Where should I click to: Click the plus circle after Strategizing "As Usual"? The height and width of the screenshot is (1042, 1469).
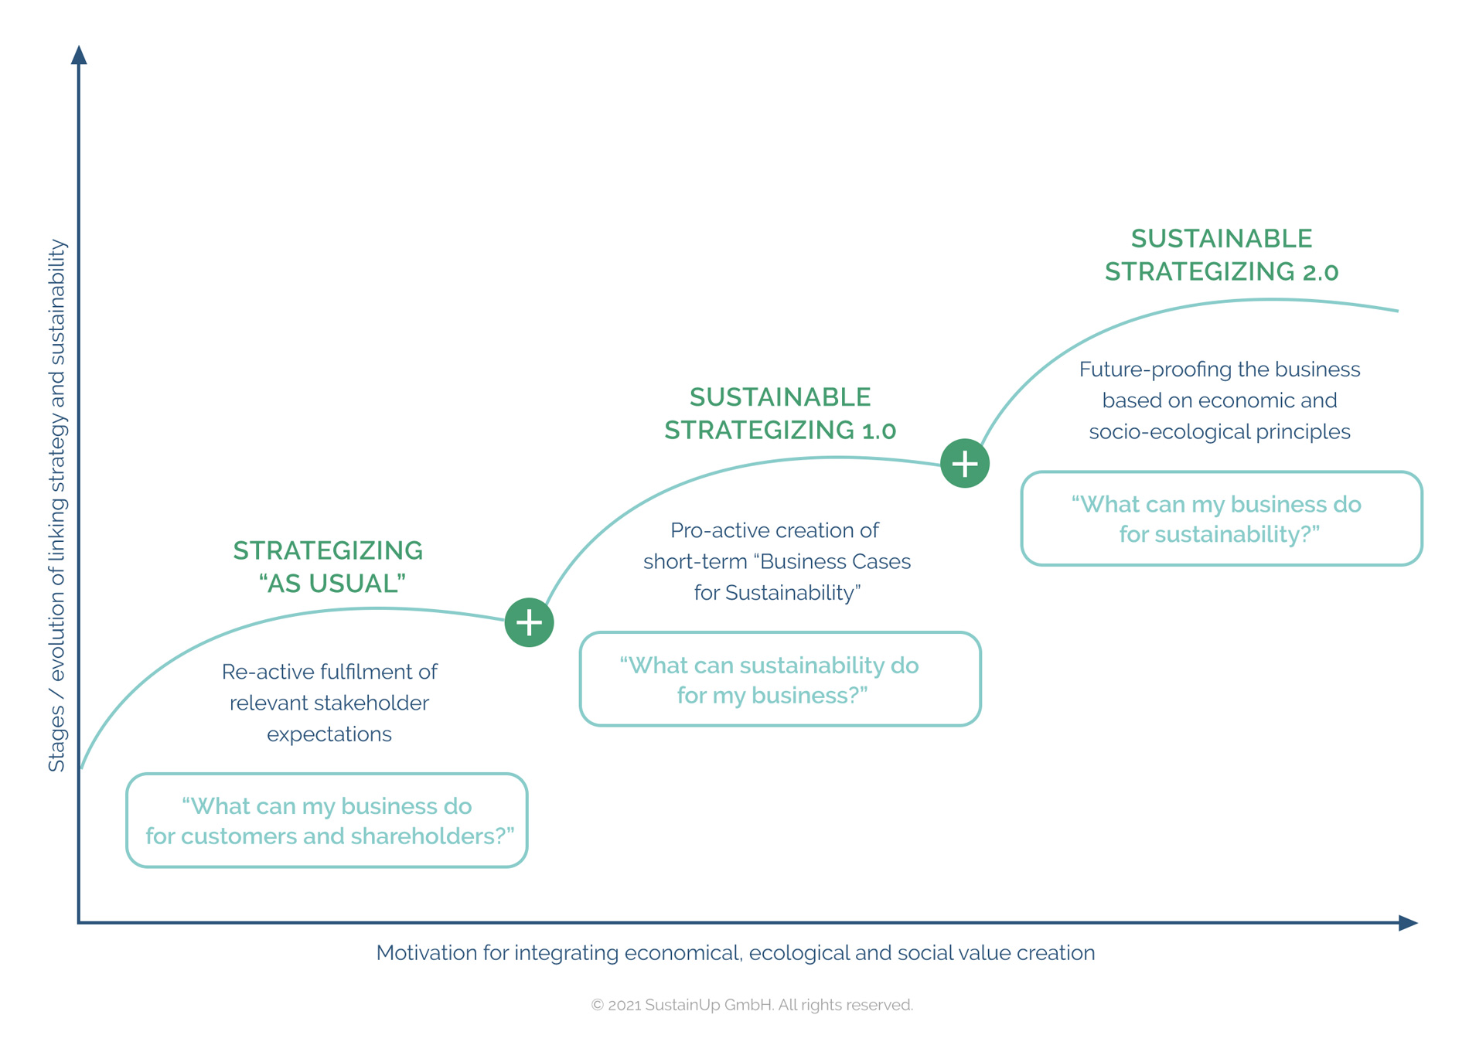pos(529,622)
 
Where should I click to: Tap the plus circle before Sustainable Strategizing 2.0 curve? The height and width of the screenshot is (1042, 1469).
pos(965,464)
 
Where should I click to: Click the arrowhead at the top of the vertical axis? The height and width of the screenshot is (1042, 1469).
pos(79,56)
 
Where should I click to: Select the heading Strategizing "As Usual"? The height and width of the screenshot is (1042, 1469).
pos(329,567)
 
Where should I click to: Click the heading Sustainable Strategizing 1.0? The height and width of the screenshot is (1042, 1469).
pos(780,414)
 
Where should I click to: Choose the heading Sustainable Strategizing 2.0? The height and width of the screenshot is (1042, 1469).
pos(1222,255)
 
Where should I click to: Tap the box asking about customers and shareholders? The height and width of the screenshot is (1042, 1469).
pos(327,820)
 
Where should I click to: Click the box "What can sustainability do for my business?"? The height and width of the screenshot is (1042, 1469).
pos(780,679)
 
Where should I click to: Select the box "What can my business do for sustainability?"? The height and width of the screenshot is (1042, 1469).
pos(1222,519)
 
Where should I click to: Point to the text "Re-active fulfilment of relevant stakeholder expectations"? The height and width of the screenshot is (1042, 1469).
pos(329,703)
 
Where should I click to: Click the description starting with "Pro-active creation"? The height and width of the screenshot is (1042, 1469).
pos(777,561)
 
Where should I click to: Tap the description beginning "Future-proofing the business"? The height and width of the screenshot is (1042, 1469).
pos(1219,400)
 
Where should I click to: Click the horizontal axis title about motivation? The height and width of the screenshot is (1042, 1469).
pos(735,953)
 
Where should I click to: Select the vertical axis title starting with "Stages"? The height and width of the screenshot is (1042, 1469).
pos(58,506)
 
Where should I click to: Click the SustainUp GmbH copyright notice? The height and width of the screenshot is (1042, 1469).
pos(752,1005)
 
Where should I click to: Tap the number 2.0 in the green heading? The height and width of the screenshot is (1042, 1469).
pos(1320,272)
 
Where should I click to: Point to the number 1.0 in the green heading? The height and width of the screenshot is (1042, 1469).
pos(878,431)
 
